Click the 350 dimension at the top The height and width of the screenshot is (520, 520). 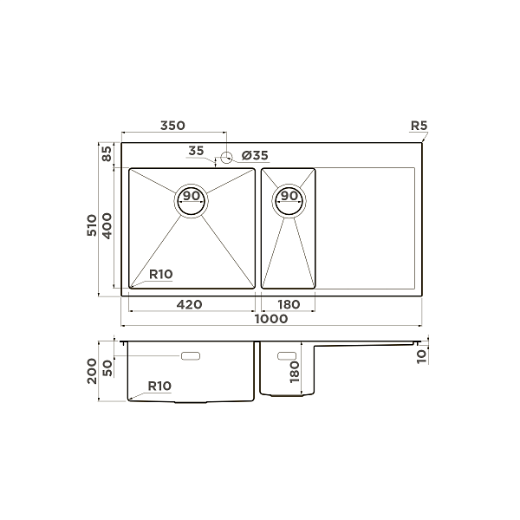pos(172,127)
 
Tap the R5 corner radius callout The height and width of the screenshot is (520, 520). pos(419,127)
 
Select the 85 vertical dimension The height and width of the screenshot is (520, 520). pos(107,155)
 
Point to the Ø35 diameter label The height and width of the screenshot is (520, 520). pos(256,155)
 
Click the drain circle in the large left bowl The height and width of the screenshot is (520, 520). pos(192,201)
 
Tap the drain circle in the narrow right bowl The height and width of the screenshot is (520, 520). pos(289,201)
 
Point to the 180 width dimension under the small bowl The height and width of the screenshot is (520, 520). pos(288,304)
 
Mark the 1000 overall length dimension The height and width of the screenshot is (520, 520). pos(271,319)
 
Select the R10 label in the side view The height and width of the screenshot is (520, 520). pos(159,386)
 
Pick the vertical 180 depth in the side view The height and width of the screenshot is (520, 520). pos(295,373)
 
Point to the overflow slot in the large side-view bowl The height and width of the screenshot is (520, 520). pos(191,356)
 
